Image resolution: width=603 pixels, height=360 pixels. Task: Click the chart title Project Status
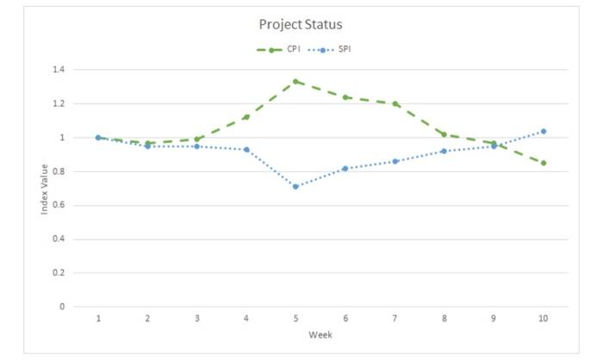(301, 24)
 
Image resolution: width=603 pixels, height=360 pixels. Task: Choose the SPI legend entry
(337, 49)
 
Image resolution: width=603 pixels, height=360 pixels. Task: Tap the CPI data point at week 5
(295, 81)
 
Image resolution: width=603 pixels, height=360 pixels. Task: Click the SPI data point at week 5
(295, 186)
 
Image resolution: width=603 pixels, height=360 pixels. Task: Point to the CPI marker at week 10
(543, 163)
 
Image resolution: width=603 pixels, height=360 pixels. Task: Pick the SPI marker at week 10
(543, 131)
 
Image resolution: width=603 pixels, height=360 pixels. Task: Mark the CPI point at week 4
(246, 117)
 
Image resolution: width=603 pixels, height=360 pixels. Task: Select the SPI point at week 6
(345, 168)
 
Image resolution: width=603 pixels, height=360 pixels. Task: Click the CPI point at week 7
(395, 103)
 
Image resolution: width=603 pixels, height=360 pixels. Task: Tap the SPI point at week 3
(197, 146)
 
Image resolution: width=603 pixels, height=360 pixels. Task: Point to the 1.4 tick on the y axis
(59, 70)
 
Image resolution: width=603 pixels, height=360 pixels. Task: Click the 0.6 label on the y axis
(59, 205)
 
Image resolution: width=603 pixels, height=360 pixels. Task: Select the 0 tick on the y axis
(62, 307)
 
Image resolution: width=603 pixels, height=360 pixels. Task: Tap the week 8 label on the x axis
(444, 320)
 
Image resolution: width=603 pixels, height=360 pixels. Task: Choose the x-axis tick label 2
(147, 320)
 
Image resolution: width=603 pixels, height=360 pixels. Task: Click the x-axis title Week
(320, 335)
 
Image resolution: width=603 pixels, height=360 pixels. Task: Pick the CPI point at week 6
(345, 97)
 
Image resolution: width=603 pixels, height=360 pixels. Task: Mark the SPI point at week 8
(444, 151)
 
